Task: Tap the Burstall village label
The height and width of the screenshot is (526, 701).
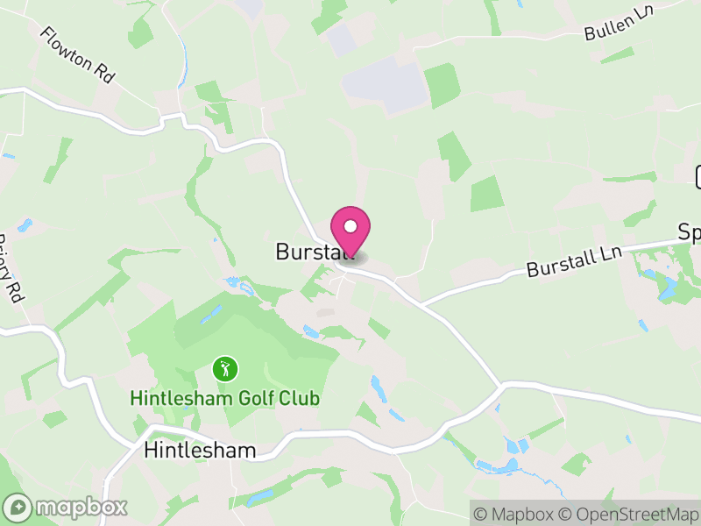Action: click(315, 252)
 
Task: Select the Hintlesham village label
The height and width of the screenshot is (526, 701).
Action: click(200, 451)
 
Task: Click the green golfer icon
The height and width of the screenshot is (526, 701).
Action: click(225, 368)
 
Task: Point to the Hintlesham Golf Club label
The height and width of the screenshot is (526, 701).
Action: click(224, 398)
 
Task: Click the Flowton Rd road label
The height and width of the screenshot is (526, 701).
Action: click(78, 54)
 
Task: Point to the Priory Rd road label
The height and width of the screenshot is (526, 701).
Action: click(10, 268)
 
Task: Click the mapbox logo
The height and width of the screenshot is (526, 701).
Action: click(67, 507)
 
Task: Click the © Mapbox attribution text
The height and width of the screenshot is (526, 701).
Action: click(517, 514)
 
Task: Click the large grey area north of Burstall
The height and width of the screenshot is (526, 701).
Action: click(386, 88)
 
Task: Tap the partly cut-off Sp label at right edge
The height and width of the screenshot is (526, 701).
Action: click(690, 232)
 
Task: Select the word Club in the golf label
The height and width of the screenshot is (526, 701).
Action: click(295, 398)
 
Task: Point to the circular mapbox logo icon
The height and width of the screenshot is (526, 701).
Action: click(18, 507)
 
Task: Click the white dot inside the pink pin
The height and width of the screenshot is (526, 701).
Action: click(350, 227)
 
